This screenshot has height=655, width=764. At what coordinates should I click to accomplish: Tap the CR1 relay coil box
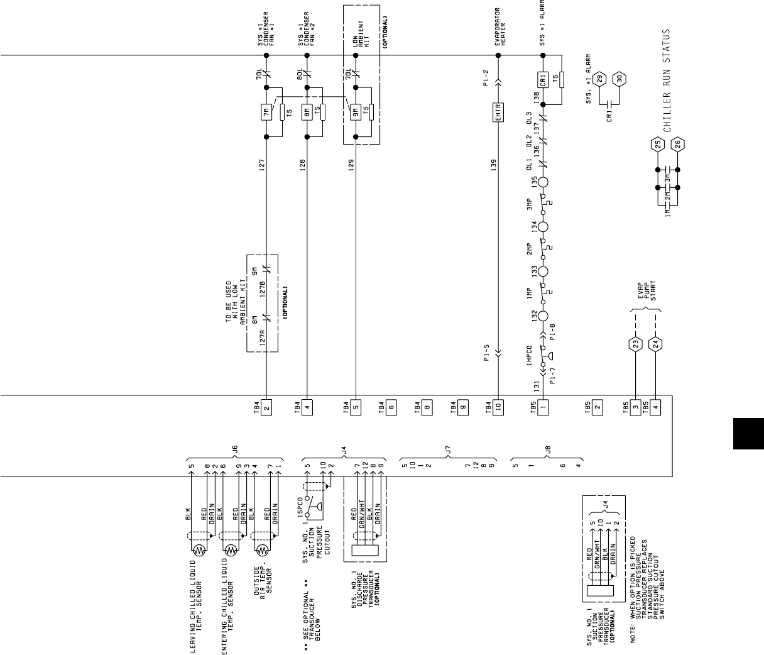pos(543,80)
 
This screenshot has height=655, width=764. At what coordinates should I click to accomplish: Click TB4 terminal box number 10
pos(498,405)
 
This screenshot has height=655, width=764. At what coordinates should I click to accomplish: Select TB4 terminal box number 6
pos(391,405)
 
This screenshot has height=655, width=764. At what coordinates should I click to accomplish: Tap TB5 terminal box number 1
pos(543,405)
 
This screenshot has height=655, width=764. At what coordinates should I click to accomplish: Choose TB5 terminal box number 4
pos(656,405)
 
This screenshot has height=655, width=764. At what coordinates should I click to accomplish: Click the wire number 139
pos(494,165)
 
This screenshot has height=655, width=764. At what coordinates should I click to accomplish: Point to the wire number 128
pos(302,165)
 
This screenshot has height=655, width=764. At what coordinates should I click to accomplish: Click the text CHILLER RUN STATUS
pos(667,80)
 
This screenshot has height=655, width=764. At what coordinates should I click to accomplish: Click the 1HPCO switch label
pos(530,356)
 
